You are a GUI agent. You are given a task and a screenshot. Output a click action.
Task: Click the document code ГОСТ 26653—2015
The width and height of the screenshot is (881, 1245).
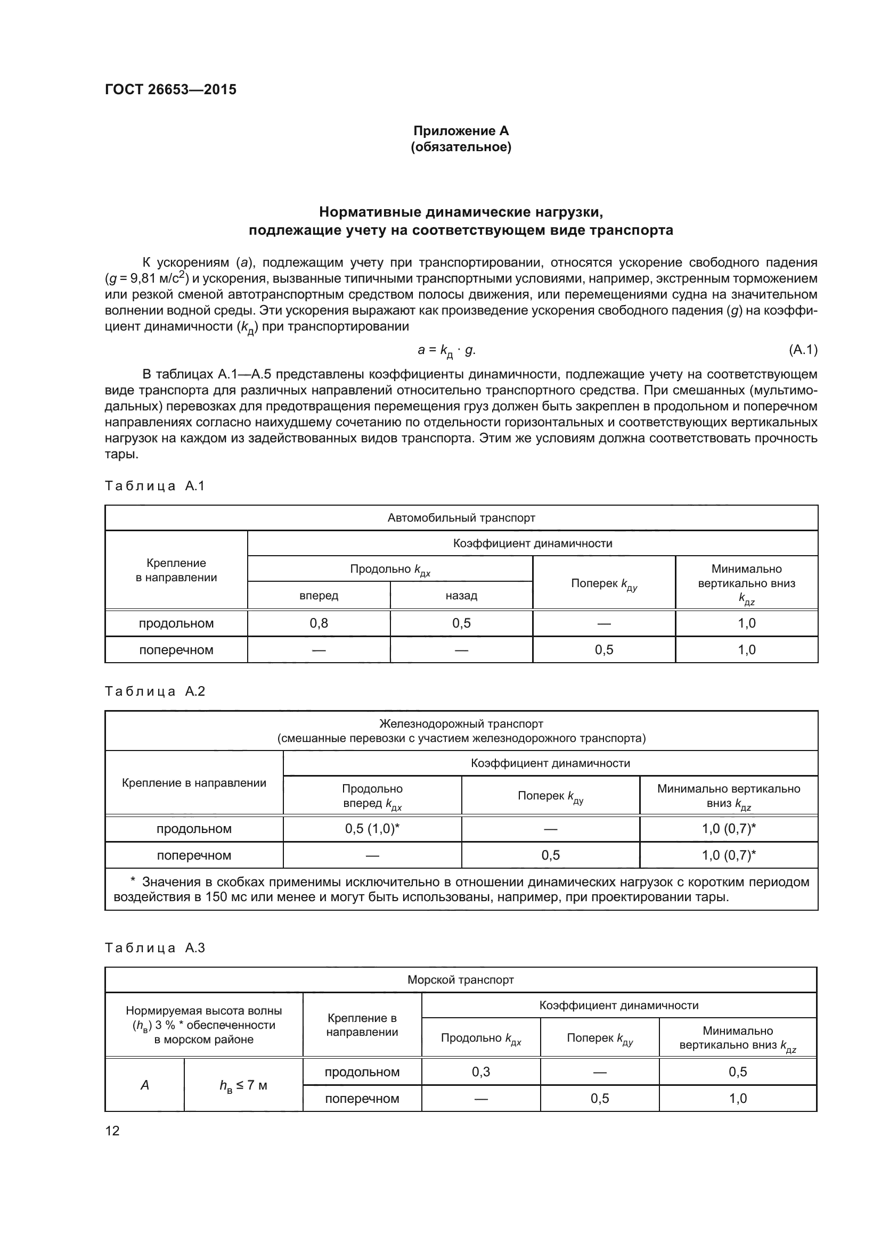(x=170, y=89)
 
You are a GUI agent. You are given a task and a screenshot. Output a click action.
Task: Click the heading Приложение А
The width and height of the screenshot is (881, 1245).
(x=461, y=131)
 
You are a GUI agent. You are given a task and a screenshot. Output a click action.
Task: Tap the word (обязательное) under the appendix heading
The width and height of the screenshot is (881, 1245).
(x=461, y=147)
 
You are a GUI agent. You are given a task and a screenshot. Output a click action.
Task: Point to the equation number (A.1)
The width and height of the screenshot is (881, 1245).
(x=802, y=350)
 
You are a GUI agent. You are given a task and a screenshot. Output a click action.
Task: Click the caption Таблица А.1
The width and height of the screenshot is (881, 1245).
(x=154, y=486)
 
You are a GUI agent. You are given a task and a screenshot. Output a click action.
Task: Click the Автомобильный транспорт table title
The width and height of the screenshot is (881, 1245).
(x=461, y=518)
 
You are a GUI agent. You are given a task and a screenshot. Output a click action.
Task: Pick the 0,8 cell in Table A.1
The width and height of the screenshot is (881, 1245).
(x=319, y=623)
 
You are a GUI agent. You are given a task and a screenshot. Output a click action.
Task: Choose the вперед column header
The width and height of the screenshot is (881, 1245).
(x=319, y=596)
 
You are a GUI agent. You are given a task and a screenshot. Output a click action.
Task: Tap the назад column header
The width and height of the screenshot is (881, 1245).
(x=461, y=596)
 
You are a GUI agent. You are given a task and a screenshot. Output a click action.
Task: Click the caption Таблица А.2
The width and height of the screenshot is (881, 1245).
(x=154, y=691)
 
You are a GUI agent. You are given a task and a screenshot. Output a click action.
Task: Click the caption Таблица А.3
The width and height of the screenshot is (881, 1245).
(x=154, y=948)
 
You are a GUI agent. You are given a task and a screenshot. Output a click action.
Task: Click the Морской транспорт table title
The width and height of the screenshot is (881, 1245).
(x=461, y=980)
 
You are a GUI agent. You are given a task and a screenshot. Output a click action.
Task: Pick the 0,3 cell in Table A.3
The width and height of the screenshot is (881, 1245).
(x=480, y=1072)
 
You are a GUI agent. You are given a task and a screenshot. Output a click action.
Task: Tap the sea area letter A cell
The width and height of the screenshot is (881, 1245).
(x=144, y=1085)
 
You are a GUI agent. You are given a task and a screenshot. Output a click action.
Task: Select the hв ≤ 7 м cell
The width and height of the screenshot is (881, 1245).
(x=243, y=1085)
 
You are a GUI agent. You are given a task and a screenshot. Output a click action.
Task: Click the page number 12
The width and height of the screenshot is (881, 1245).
(x=112, y=1131)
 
